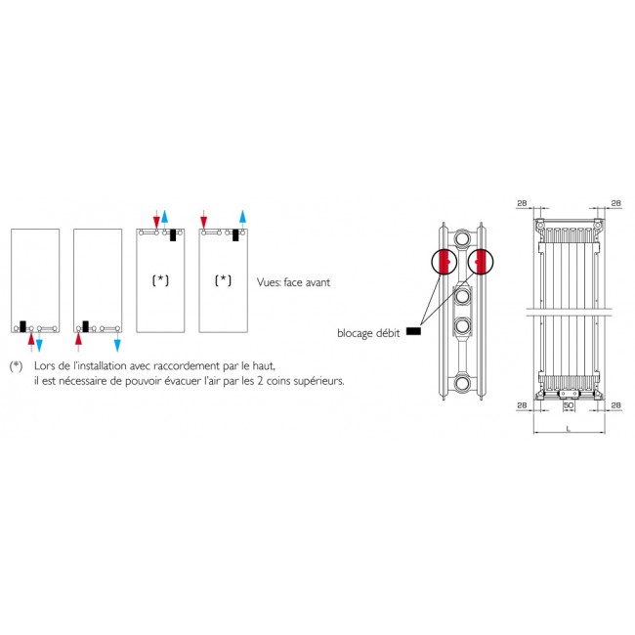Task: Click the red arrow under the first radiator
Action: (x=31, y=340)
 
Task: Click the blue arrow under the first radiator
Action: (x=40, y=343)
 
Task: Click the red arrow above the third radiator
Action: (x=156, y=217)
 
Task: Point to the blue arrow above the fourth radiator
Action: (x=243, y=217)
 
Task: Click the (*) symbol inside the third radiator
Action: (x=160, y=280)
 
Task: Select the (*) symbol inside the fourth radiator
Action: (x=224, y=280)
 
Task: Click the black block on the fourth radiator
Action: (x=236, y=234)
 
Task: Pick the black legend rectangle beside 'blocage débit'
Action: (x=413, y=331)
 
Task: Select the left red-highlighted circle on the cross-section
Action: (x=444, y=262)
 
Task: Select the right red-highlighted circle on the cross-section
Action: (x=481, y=262)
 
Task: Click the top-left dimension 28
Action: (x=522, y=203)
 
